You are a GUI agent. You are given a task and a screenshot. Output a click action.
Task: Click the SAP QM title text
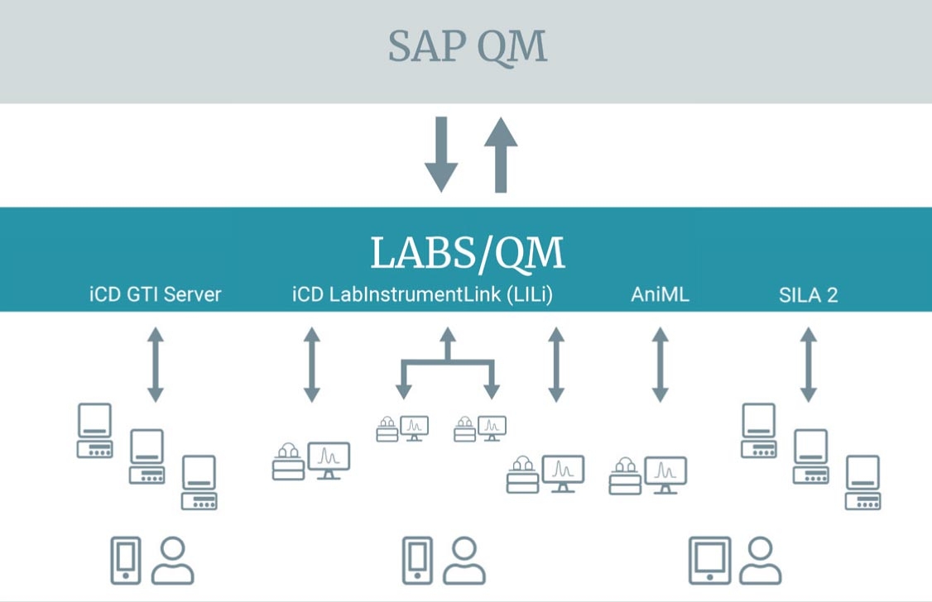(468, 47)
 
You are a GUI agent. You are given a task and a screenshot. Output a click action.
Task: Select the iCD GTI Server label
(156, 294)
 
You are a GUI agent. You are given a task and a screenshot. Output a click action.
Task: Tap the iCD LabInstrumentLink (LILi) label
(422, 294)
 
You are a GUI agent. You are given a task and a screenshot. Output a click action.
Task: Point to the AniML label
(661, 294)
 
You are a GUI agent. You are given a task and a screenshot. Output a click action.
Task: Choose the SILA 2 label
(808, 294)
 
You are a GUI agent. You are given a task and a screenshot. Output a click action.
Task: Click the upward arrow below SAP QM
(500, 155)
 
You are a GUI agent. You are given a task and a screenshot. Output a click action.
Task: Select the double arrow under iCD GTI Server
(156, 365)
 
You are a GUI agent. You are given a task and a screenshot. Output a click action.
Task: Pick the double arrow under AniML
(660, 365)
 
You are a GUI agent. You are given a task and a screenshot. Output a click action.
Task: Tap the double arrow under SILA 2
(809, 365)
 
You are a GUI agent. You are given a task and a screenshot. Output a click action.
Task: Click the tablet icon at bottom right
(710, 561)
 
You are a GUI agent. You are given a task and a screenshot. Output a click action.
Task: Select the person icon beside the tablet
(760, 561)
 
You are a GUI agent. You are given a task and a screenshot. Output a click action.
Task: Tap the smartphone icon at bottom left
(126, 561)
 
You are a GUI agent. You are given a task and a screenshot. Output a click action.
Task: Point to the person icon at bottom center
(464, 561)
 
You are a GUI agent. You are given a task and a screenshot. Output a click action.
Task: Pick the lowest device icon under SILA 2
(862, 482)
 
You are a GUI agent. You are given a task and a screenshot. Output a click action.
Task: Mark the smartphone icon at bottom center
(416, 561)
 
